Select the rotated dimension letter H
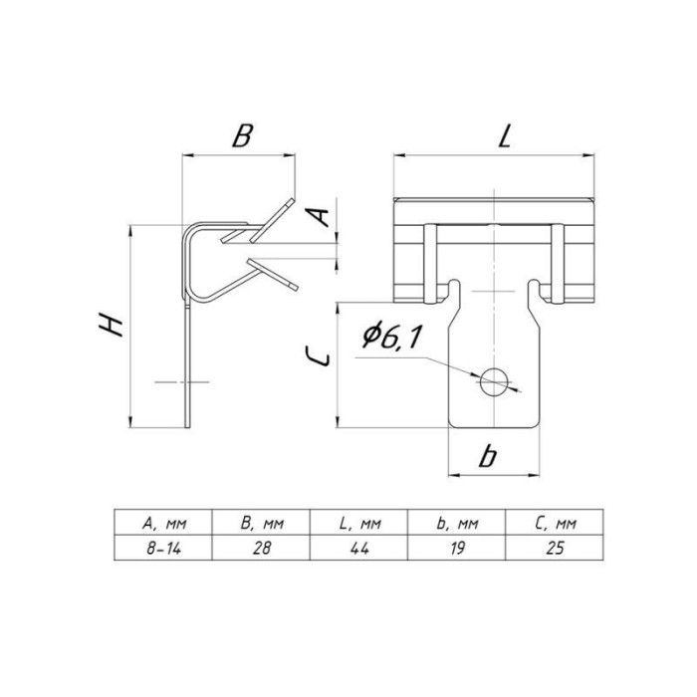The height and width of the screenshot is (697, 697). pos(111,324)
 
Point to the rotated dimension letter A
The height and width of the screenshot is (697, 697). pos(320,217)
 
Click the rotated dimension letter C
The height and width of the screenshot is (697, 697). pos(319,356)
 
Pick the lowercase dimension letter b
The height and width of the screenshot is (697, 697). pos(488,456)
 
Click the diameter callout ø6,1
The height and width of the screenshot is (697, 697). pos(391,337)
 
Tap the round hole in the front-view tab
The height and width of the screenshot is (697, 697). pos(494,381)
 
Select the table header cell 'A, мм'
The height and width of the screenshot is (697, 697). pos(164,524)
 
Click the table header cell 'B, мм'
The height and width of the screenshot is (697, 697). pos(262,524)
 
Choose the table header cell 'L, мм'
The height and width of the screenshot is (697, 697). pos(359,524)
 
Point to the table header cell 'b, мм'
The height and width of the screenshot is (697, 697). pos(457,524)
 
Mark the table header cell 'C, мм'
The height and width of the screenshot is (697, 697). pos(556,524)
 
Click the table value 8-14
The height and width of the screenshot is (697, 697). pos(164,549)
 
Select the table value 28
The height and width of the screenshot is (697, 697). pos(262,549)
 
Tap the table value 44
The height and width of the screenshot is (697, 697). pos(359,549)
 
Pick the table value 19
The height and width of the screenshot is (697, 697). pos(457,549)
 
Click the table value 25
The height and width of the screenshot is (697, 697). pos(556,549)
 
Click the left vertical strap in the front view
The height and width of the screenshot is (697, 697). pos(430,264)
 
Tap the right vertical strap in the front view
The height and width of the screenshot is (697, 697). pos(558,264)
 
